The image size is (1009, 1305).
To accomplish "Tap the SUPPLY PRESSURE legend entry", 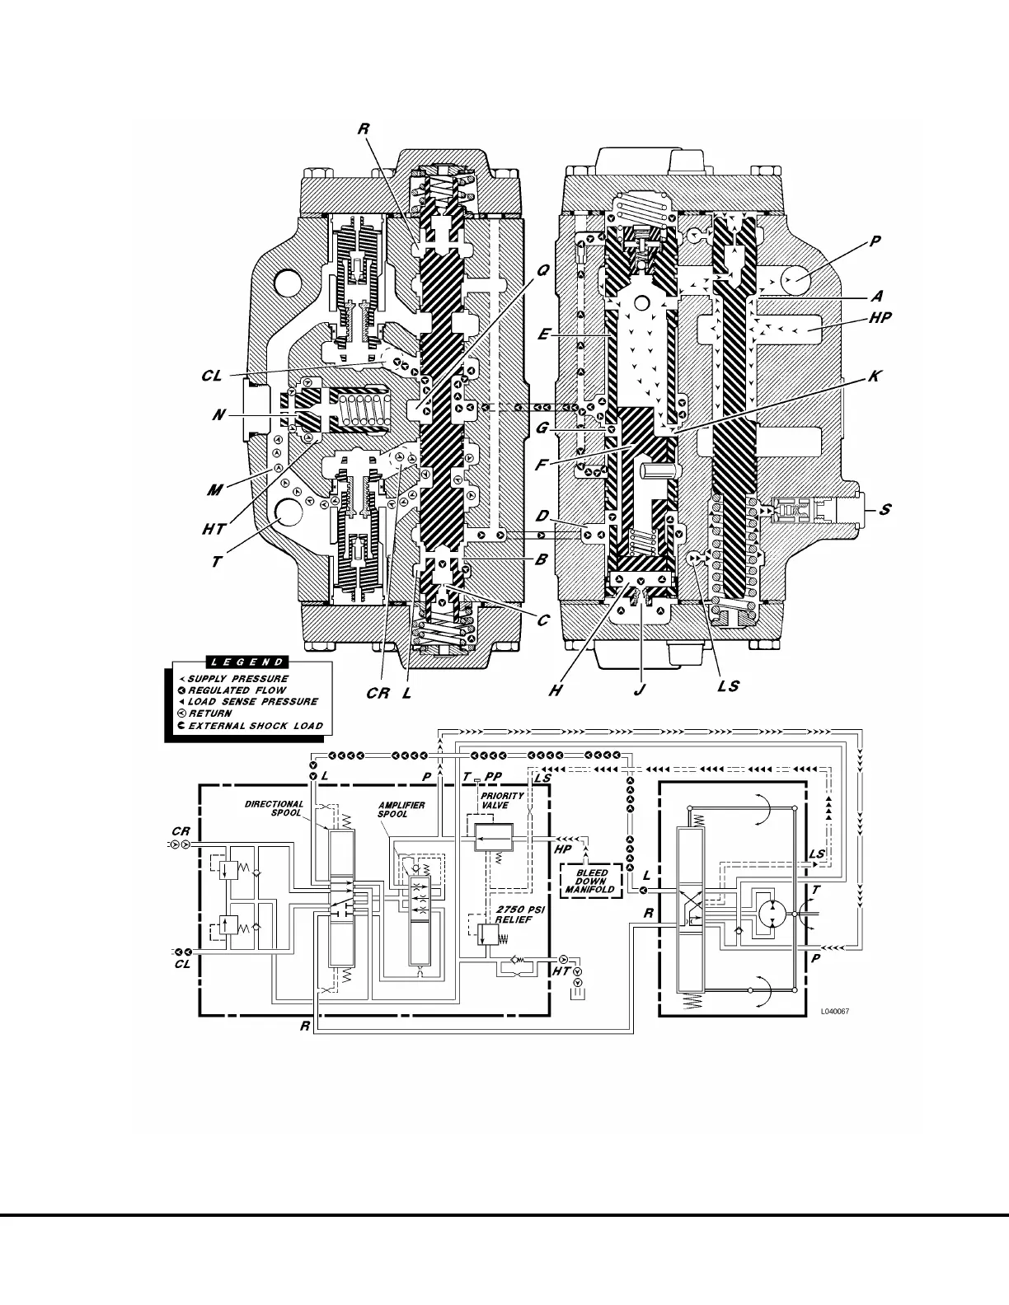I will click(238, 679).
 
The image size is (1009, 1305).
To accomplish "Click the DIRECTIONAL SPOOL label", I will click(275, 808).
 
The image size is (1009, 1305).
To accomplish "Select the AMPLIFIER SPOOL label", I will click(401, 809).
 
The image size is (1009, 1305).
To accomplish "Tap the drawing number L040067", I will click(834, 1010).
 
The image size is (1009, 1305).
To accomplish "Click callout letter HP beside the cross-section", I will click(880, 317).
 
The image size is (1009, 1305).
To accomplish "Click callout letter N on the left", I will click(218, 415).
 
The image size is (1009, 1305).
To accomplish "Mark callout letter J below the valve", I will click(638, 690).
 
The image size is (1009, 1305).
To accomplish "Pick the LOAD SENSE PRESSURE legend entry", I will click(253, 702).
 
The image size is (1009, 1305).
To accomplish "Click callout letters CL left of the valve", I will click(212, 376).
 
